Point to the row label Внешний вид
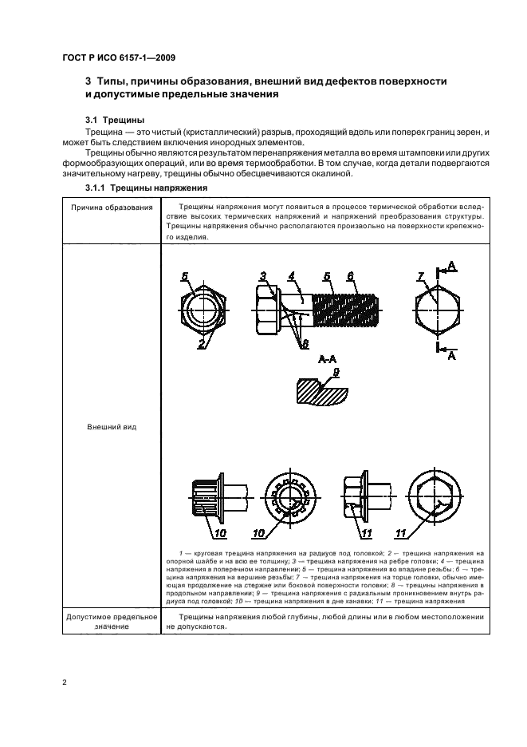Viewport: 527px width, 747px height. [x=112, y=427]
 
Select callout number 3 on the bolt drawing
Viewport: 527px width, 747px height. [x=262, y=275]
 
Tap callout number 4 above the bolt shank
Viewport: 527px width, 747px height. [x=292, y=275]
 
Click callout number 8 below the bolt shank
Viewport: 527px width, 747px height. [x=304, y=344]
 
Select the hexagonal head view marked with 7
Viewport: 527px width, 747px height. [x=437, y=309]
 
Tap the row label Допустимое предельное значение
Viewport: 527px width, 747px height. [x=112, y=622]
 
